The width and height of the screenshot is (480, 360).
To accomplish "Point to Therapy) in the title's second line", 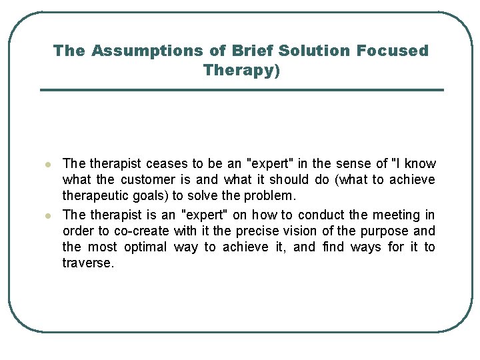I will (x=241, y=70).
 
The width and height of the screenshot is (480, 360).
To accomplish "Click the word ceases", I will (x=166, y=164).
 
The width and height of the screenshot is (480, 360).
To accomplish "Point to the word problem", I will (x=270, y=196).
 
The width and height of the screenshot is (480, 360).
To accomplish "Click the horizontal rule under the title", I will (x=241, y=90).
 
